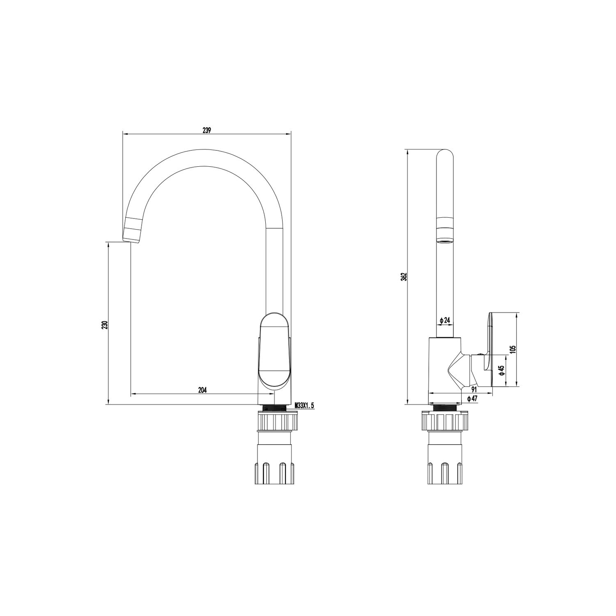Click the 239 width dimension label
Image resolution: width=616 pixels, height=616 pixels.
[207, 130]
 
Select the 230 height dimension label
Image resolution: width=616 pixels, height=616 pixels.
[105, 324]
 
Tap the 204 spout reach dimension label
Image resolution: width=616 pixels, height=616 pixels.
[202, 390]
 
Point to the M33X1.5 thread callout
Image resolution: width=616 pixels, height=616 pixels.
[304, 406]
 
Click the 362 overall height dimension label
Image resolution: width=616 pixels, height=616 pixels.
[404, 276]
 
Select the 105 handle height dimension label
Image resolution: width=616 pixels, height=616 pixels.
[512, 349]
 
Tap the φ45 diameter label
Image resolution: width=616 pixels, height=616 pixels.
[501, 371]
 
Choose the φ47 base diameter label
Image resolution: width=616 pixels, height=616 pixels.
[472, 398]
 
